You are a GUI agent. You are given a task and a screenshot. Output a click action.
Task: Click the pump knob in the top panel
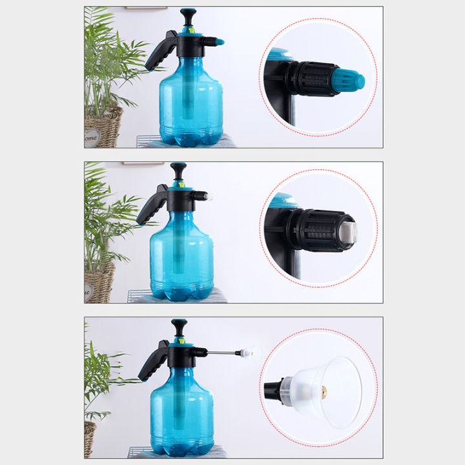click(x=188, y=14)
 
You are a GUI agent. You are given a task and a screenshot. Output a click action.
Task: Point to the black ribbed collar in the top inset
click(x=314, y=78)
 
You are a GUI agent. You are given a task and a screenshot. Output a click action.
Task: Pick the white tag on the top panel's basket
click(x=92, y=137)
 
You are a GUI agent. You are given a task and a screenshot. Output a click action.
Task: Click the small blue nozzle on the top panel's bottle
click(x=220, y=42)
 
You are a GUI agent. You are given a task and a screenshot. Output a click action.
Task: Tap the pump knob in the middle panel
click(x=179, y=169)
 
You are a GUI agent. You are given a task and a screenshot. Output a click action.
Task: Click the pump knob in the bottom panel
click(x=179, y=325)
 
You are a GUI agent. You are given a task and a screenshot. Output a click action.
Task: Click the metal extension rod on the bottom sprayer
click(x=223, y=353)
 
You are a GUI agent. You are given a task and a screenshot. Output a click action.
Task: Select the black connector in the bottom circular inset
click(x=274, y=389)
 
